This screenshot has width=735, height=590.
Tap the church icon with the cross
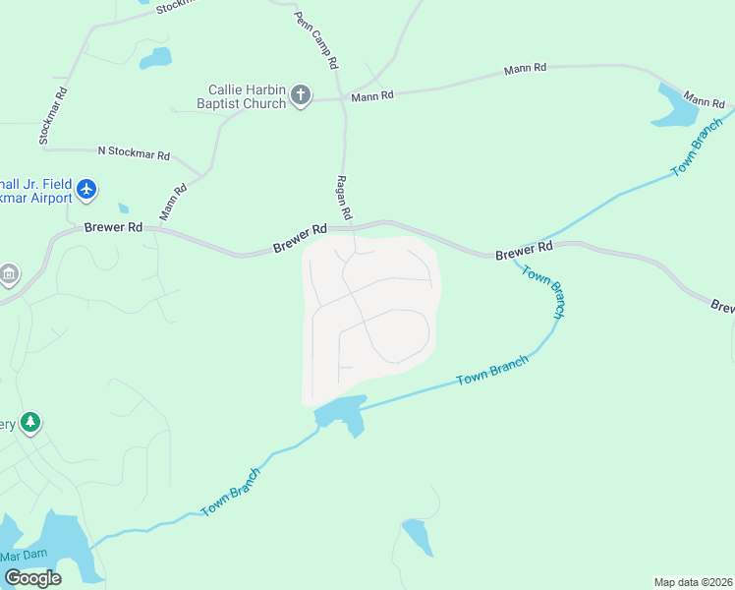pos(301,95)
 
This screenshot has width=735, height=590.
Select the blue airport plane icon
pos(87,188)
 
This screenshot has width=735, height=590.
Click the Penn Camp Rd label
pos(315,40)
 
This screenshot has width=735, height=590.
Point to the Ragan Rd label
pos(345,197)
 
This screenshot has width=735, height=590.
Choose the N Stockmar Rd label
pos(134,154)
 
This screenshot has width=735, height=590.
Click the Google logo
pos(32,578)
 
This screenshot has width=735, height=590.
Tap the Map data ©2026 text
pos(693,581)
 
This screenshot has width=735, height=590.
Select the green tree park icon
pos(30,422)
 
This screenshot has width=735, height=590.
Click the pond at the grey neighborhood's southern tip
pos(342,413)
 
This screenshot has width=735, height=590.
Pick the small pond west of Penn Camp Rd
pos(155,58)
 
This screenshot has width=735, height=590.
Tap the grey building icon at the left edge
pos(9,273)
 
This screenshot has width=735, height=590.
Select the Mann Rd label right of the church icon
pos(372,96)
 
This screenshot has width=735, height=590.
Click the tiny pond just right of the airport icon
pos(123,208)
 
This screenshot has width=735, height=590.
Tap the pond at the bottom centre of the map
pos(417,536)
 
